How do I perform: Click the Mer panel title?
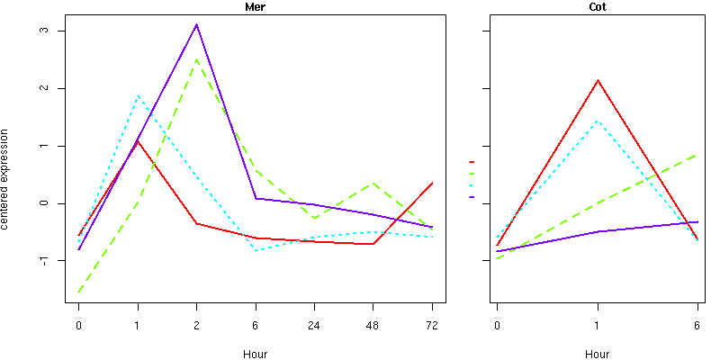point(255,6)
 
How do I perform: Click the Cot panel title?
point(597,6)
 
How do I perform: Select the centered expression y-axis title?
point(7,178)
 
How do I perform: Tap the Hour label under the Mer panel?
point(255,354)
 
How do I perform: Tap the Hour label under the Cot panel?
point(597,354)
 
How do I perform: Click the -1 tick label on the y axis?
point(56,261)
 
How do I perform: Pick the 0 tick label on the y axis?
point(56,203)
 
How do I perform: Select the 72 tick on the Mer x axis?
point(432,325)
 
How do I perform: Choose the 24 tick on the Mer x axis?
point(314,325)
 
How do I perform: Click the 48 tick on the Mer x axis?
point(373,325)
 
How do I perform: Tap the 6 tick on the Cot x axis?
point(697,325)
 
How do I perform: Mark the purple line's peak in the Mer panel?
point(196,24)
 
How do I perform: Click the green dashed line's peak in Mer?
point(196,59)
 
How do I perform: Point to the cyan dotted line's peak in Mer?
point(138,95)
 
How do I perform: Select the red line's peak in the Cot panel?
point(597,80)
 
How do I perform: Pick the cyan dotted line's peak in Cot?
point(597,121)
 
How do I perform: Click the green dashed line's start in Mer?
point(78,292)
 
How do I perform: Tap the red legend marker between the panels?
point(472,162)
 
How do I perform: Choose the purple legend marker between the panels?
point(472,196)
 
